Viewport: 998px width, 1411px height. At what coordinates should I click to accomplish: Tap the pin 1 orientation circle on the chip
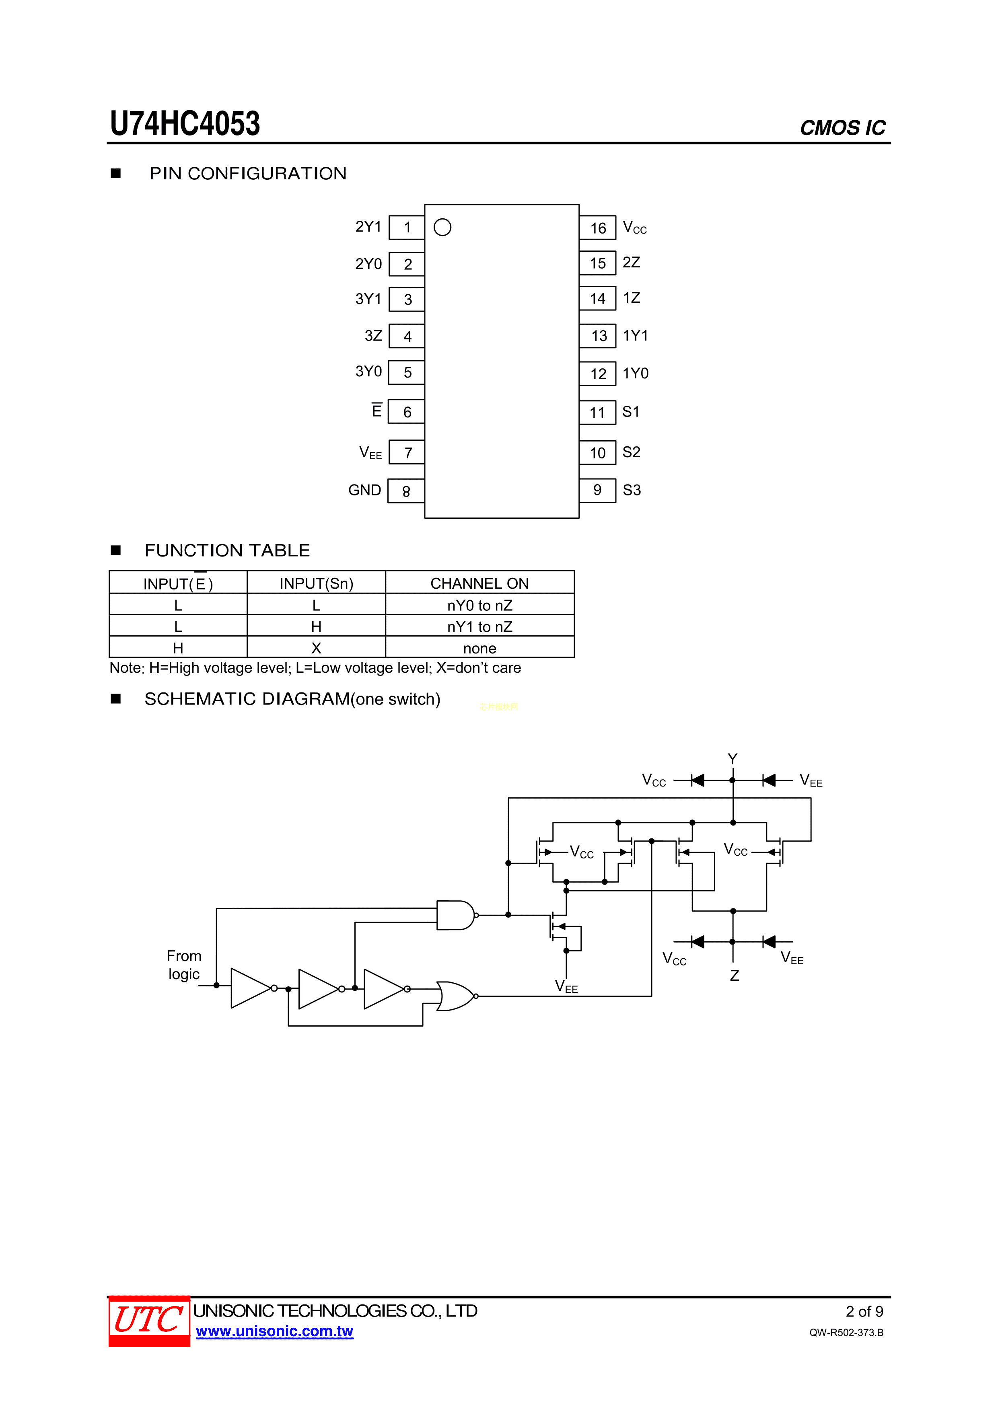tap(442, 227)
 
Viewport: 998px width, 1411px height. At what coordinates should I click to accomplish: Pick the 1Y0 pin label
tap(635, 374)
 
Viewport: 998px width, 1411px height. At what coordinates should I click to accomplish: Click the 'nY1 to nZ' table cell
tap(479, 627)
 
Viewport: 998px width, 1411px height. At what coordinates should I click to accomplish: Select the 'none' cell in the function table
tap(479, 648)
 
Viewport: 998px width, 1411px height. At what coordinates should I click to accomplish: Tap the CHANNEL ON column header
tap(479, 583)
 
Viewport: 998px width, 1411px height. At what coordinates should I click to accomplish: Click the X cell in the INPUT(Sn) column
tap(316, 648)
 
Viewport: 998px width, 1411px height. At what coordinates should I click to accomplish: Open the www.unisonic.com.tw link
tap(274, 1331)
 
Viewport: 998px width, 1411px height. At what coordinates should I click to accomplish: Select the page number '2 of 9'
tap(864, 1311)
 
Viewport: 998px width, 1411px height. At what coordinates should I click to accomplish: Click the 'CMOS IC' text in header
tap(842, 128)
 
